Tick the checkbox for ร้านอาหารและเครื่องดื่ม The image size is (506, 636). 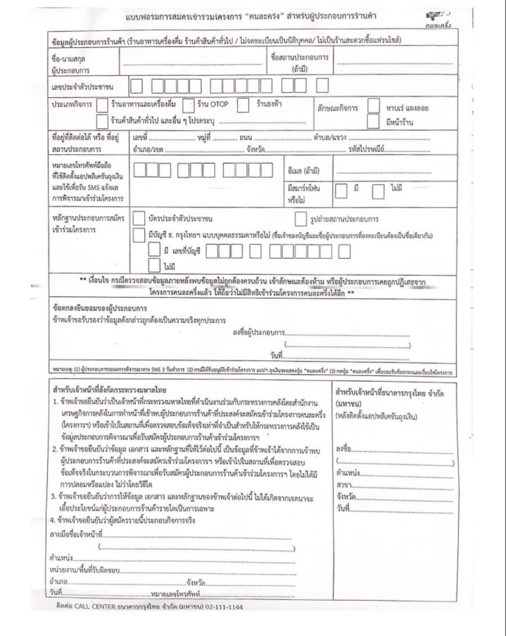pyautogui.click(x=102, y=106)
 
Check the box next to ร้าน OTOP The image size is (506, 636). pyautogui.click(x=188, y=106)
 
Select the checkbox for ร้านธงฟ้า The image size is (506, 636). pyautogui.click(x=243, y=106)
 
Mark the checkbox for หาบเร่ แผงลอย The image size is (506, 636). pyautogui.click(x=374, y=106)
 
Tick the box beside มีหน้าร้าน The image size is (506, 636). pyautogui.click(x=374, y=121)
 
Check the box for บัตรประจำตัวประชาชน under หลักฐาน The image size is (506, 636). pyautogui.click(x=138, y=218)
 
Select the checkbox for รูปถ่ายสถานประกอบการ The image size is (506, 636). pyautogui.click(x=300, y=218)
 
